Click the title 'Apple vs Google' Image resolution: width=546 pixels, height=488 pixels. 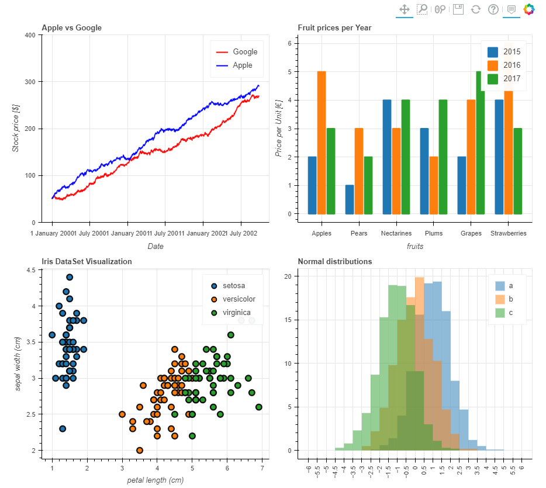point(71,27)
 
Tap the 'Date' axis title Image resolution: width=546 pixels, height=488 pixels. point(155,247)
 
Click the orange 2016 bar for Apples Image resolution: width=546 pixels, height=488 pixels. point(322,142)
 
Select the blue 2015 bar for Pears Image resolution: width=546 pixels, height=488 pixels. point(350,199)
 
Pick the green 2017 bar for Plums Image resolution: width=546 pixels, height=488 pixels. point(443,157)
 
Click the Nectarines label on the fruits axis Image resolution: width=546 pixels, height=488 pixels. point(396,233)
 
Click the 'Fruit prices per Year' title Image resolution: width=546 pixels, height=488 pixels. point(334,27)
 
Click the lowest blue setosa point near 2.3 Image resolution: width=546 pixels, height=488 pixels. point(63,428)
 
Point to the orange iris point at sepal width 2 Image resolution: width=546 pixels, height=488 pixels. point(140,450)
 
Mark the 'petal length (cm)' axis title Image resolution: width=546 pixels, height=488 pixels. point(155,480)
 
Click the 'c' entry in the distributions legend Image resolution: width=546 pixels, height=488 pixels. point(510,313)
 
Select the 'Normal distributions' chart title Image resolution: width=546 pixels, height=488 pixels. point(334,261)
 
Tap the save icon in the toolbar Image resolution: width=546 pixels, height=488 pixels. point(458,9)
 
